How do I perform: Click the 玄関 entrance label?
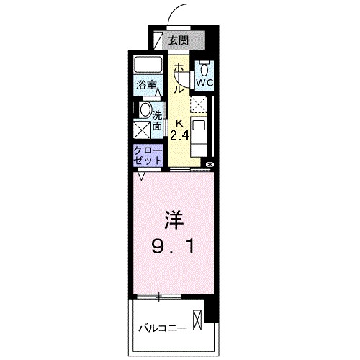point(179,40)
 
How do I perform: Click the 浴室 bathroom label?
point(148,85)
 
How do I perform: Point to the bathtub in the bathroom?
point(148,64)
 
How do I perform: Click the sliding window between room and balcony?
point(158,297)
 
